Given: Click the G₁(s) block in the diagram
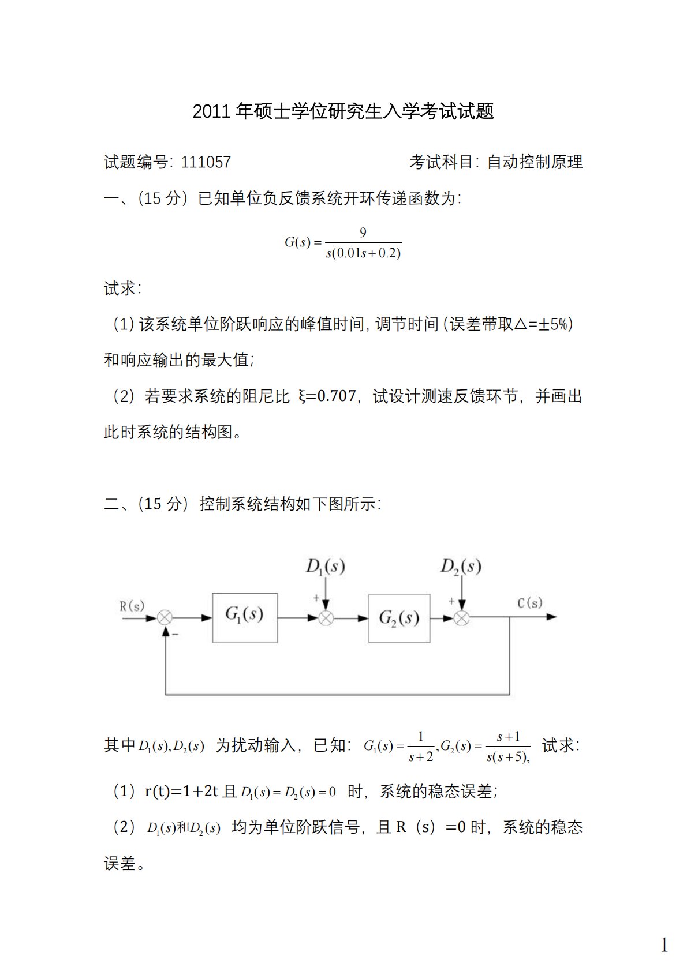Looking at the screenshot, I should point(245,617).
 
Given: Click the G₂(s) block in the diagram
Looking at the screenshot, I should point(399,618).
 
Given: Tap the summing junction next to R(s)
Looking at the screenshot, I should point(165,617).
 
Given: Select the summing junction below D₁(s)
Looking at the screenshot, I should point(326,618).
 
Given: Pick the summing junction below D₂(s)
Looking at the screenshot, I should point(461,618).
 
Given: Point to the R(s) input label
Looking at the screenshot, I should point(132,606).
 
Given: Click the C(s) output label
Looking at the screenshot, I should point(529,603).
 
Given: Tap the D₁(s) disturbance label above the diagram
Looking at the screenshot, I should point(326,567).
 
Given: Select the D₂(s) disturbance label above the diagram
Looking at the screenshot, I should point(461,567).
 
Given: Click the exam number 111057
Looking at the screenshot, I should point(206,162).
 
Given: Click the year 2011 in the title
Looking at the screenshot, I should point(213,111).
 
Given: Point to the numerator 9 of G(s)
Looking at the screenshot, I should point(363,233).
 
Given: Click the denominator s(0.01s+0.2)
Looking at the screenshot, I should point(363,253).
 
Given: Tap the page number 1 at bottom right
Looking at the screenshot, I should point(664,945).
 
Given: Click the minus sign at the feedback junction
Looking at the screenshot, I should point(176,634).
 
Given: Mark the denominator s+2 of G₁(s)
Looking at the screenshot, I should point(420,757).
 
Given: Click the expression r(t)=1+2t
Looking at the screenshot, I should point(181,791).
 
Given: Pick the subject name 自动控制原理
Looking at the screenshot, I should point(535,162).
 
